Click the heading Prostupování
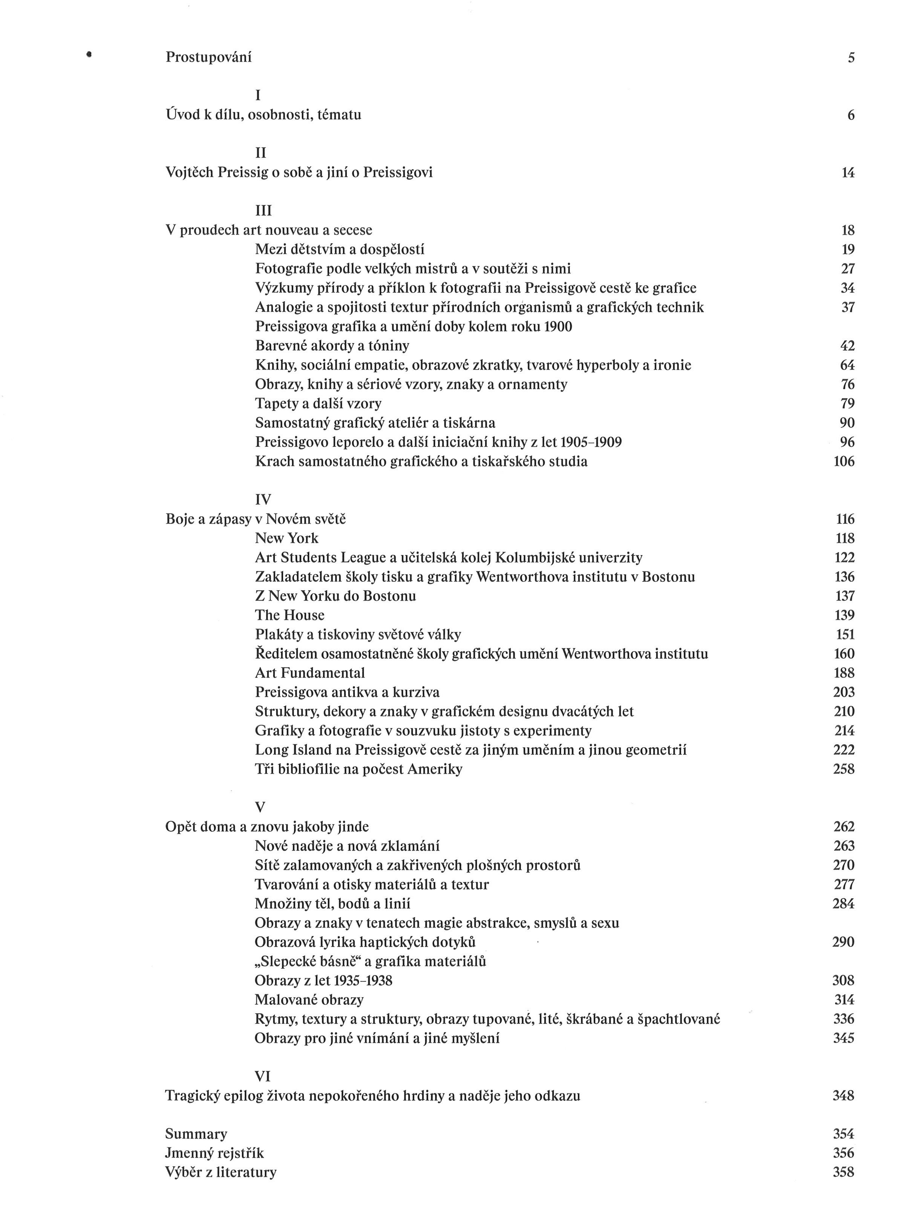coord(209,57)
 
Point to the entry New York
coord(287,538)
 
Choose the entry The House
coord(290,615)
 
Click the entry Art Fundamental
coord(310,673)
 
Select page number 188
coord(844,673)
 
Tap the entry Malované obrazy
coord(309,1000)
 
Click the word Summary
coord(196,1133)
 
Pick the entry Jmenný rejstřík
coord(215,1153)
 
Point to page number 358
coord(843,1172)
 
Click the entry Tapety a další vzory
coord(318,403)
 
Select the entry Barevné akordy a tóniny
coord(332,346)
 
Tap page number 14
coord(848,173)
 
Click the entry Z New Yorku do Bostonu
coord(335,596)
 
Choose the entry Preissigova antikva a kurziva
coord(347,692)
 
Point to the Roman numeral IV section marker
coord(263,500)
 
